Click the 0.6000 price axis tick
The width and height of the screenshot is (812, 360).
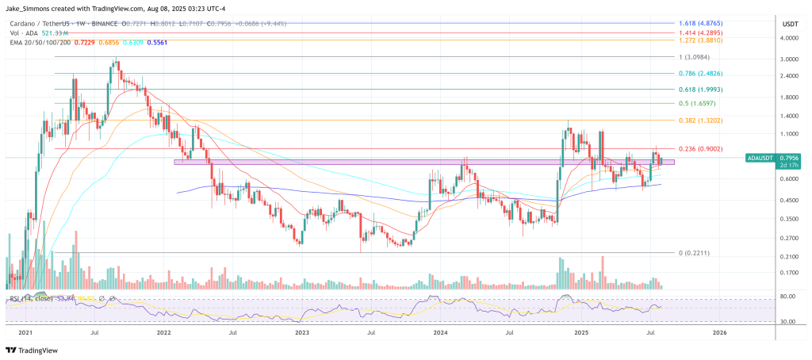pyautogui.click(x=789, y=179)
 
